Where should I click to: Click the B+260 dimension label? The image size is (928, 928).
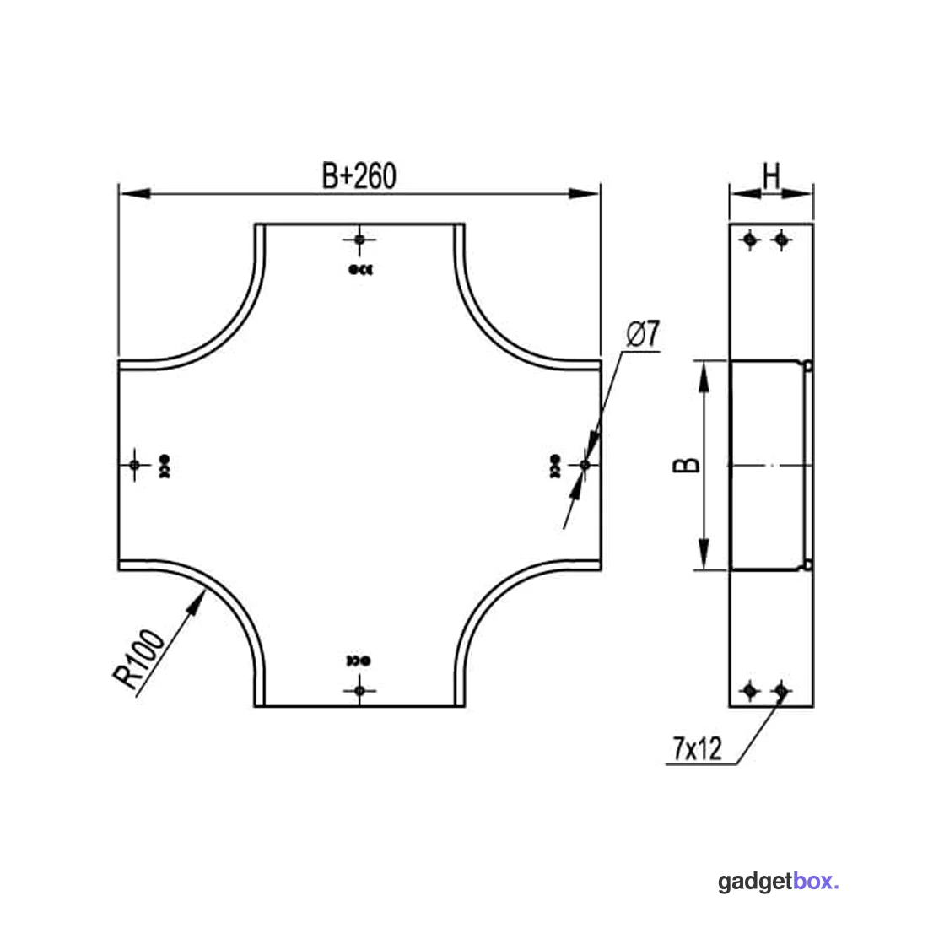[x=359, y=175]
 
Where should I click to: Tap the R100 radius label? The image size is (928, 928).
[x=138, y=659]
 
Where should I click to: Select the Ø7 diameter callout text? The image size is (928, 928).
[x=643, y=334]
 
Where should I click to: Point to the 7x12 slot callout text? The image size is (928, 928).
[x=697, y=748]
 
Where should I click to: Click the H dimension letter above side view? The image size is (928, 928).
[x=771, y=175]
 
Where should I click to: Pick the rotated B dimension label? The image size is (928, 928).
[x=687, y=465]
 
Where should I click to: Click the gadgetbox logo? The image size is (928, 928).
[x=778, y=882]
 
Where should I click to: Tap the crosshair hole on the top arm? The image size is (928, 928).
[x=359, y=240]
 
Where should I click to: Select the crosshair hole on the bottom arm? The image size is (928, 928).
[x=359, y=691]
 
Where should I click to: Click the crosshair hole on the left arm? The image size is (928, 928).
[x=134, y=465]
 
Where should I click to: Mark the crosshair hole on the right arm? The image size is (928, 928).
[x=585, y=465]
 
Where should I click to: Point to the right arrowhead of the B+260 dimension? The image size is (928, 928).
[x=584, y=193]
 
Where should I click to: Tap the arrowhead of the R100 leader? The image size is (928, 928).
[x=197, y=602]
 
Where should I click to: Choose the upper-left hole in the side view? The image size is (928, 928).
[x=751, y=240]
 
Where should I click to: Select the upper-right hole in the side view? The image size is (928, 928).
[x=782, y=240]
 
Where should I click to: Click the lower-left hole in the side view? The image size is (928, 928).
[x=751, y=691]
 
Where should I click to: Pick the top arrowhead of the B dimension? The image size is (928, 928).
[x=704, y=376]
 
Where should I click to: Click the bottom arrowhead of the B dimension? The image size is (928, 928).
[x=704, y=554]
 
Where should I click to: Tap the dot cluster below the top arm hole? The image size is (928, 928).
[x=360, y=270]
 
